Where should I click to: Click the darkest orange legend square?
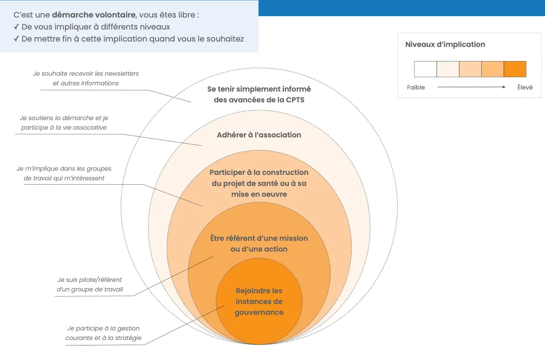coord(515,69)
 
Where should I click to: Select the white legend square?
coord(425,69)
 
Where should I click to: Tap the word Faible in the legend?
coord(416,87)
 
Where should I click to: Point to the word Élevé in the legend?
coord(525,87)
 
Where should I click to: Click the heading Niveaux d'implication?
coord(445,45)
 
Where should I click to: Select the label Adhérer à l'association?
coord(259,135)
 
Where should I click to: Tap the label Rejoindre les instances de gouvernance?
coord(259,301)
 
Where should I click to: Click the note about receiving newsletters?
coord(86,78)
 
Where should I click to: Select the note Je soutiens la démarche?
coord(64,123)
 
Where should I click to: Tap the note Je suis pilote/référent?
coord(90,284)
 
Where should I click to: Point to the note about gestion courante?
coord(104,333)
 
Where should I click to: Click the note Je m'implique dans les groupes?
coord(64,173)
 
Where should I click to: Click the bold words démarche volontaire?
coord(94,15)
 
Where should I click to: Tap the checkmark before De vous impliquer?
coord(16,27)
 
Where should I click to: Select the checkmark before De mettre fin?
coord(16,39)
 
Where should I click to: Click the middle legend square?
coord(470,69)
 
